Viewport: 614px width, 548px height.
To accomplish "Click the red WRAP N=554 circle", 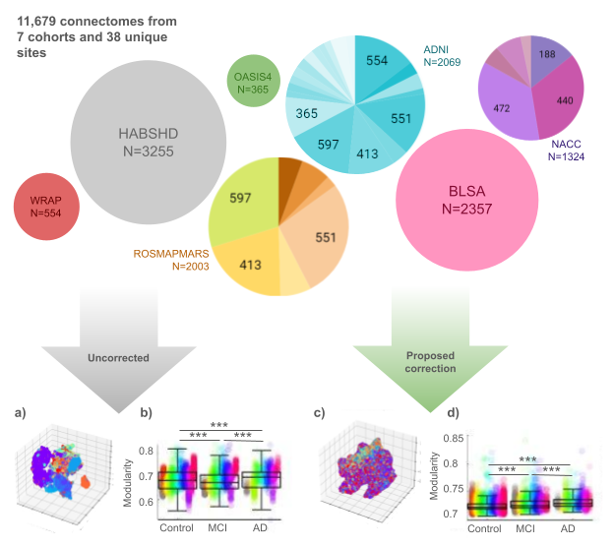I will [46, 208].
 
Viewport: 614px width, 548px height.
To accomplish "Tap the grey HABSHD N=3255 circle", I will [138, 146].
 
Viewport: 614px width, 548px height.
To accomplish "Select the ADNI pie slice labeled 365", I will [307, 113].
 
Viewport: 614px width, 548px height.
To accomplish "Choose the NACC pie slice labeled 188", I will [544, 55].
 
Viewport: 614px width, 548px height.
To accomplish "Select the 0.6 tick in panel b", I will [142, 503].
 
